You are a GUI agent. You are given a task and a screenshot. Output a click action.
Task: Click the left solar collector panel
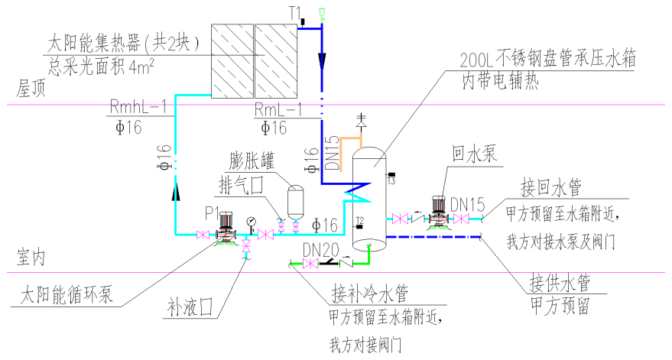point(231,60)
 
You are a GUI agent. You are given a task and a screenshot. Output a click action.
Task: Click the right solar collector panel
point(274,60)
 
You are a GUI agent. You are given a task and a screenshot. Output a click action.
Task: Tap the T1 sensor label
point(296,12)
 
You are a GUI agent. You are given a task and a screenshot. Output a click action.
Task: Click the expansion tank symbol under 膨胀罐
point(293,202)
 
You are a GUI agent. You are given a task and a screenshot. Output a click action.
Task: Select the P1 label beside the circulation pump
point(213,211)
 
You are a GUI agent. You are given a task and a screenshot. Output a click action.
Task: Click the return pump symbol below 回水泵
point(438,212)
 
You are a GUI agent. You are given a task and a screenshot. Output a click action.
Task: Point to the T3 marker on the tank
point(391,180)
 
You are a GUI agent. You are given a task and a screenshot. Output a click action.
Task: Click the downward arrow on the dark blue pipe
point(322,60)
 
